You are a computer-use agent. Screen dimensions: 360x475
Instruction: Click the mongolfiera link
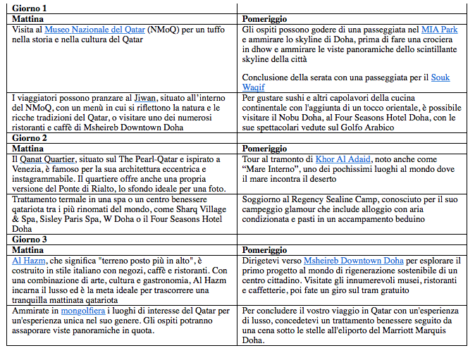[x=81, y=311]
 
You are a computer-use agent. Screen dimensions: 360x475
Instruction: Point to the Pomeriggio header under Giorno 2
[x=264, y=149]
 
